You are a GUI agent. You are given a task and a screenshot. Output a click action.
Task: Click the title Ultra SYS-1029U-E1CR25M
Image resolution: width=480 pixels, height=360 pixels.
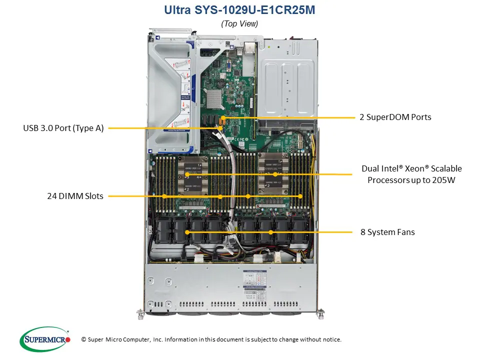(239, 10)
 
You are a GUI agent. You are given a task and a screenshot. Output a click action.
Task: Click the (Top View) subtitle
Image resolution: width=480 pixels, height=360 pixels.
(239, 23)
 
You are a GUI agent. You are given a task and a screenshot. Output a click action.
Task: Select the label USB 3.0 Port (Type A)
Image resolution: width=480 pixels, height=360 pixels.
(63, 128)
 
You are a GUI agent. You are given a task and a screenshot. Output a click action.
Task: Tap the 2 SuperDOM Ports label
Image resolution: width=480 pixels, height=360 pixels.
(395, 117)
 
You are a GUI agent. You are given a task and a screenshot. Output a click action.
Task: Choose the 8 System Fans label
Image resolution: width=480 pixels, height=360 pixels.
(387, 232)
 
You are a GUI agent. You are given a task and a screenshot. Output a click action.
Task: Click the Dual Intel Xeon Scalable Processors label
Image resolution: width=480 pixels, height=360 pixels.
(411, 174)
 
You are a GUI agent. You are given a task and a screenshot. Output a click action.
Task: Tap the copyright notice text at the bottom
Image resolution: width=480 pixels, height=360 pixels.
(211, 339)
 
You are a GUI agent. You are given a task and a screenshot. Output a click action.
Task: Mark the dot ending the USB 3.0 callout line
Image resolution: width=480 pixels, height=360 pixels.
(220, 128)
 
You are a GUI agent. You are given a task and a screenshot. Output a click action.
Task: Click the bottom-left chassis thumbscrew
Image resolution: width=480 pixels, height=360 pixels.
(139, 314)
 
